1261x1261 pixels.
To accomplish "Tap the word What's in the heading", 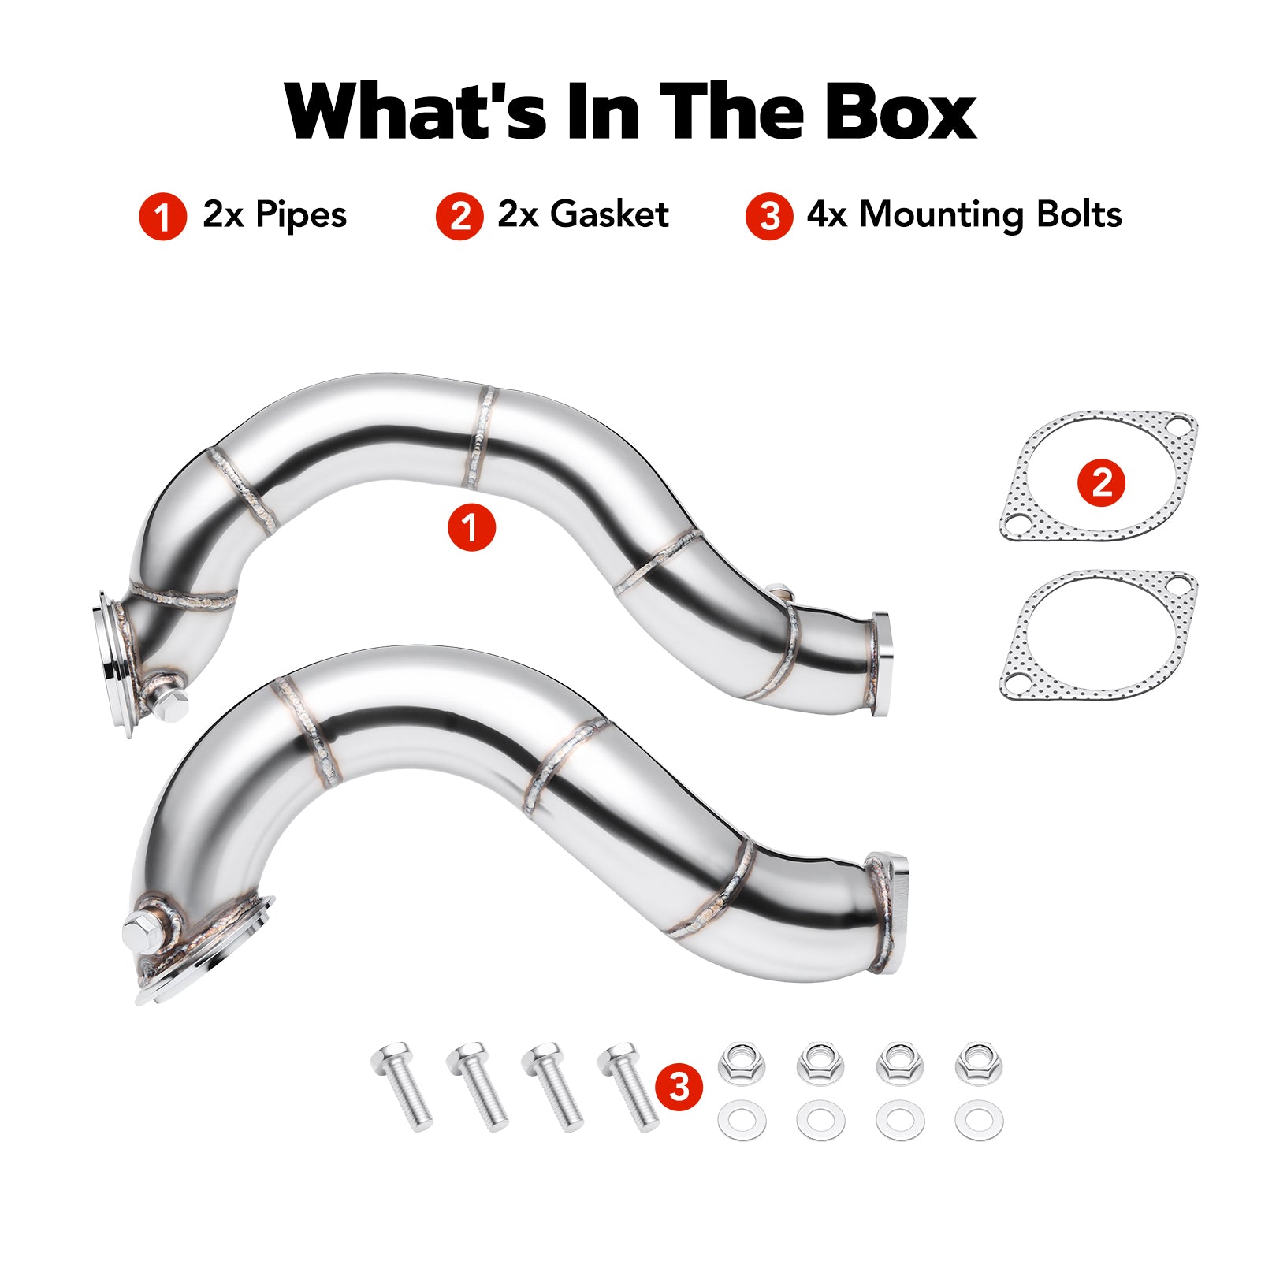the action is pyautogui.click(x=415, y=111).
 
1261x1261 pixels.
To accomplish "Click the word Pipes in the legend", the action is pyautogui.click(x=301, y=216).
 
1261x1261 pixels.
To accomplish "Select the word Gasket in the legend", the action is pyautogui.click(x=609, y=214).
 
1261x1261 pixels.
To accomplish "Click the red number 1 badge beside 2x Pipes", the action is pyautogui.click(x=162, y=216).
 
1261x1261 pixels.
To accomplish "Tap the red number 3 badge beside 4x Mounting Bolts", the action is pyautogui.click(x=769, y=216).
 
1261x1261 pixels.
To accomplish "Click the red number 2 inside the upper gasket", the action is pyautogui.click(x=1102, y=482).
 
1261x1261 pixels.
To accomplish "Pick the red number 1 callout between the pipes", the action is pyautogui.click(x=471, y=527).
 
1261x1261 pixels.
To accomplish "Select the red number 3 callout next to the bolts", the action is pyautogui.click(x=678, y=1087).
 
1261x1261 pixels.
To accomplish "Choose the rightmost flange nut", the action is pyautogui.click(x=979, y=1062).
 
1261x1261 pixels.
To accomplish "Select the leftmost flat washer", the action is pyautogui.click(x=742, y=1120).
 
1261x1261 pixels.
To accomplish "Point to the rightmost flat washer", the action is pyautogui.click(x=979, y=1120).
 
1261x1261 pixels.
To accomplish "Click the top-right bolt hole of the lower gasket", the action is pyautogui.click(x=1178, y=586).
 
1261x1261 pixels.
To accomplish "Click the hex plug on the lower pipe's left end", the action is pyautogui.click(x=144, y=933).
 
